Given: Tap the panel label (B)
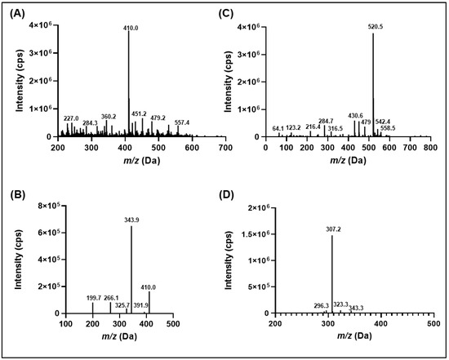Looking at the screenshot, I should [16, 195].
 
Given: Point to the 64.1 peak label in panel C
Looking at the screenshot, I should [278, 128].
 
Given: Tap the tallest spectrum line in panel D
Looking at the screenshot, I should [332, 273].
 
